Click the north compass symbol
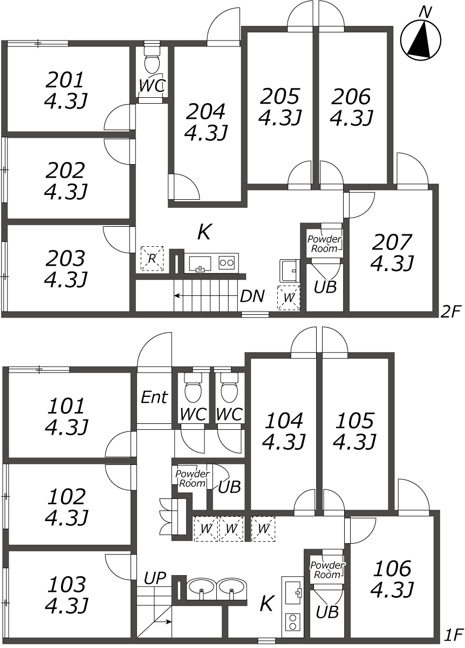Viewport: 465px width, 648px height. click(420, 40)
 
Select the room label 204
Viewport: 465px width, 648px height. click(205, 112)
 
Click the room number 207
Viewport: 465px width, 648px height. click(392, 242)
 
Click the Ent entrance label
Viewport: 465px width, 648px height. click(154, 397)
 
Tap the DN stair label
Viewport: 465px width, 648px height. click(252, 296)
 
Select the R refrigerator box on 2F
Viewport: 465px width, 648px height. click(152, 259)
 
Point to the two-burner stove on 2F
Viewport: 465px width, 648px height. click(227, 262)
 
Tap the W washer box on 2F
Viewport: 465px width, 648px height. click(289, 298)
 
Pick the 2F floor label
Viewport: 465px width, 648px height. click(450, 312)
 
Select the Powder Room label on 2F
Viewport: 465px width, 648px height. click(324, 244)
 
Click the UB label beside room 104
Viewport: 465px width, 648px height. click(229, 487)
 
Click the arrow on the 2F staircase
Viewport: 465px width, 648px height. click(207, 296)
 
